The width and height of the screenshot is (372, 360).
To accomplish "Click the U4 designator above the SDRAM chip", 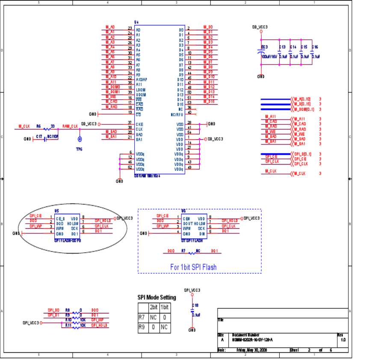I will pyautogui.click(x=137, y=22).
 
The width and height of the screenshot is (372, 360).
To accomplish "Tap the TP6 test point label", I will pyautogui.click(x=79, y=149).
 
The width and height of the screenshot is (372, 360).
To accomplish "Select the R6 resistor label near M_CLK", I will pyautogui.click(x=38, y=127).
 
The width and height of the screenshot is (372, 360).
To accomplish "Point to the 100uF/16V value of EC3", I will pyautogui.click(x=269, y=56).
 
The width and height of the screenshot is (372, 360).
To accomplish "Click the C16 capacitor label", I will pyautogui.click(x=315, y=47).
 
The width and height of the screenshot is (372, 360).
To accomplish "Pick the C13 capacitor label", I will pyautogui.click(x=282, y=47).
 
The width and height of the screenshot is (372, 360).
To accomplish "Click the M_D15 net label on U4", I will pyautogui.click(x=209, y=102).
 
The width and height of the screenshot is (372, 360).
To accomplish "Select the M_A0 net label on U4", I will pyautogui.click(x=110, y=27).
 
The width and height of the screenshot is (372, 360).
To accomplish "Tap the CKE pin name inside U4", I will pyautogui.click(x=139, y=124).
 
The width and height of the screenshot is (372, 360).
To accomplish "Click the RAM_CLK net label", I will pyautogui.click(x=70, y=127).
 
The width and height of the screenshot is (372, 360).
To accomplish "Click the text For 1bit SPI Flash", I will pyautogui.click(x=193, y=267).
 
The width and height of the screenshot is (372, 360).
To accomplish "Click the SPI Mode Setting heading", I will pyautogui.click(x=156, y=298).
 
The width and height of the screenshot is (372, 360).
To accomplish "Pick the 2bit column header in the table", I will pyautogui.click(x=153, y=307).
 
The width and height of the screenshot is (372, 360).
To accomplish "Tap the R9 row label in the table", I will pyautogui.click(x=142, y=328).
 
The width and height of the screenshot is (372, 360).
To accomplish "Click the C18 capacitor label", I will pyautogui.click(x=195, y=305).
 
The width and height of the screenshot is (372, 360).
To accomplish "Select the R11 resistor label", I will pyautogui.click(x=68, y=325).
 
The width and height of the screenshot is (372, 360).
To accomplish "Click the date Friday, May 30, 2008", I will pyautogui.click(x=251, y=350).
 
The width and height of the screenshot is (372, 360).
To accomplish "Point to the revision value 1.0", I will pyautogui.click(x=343, y=339).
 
